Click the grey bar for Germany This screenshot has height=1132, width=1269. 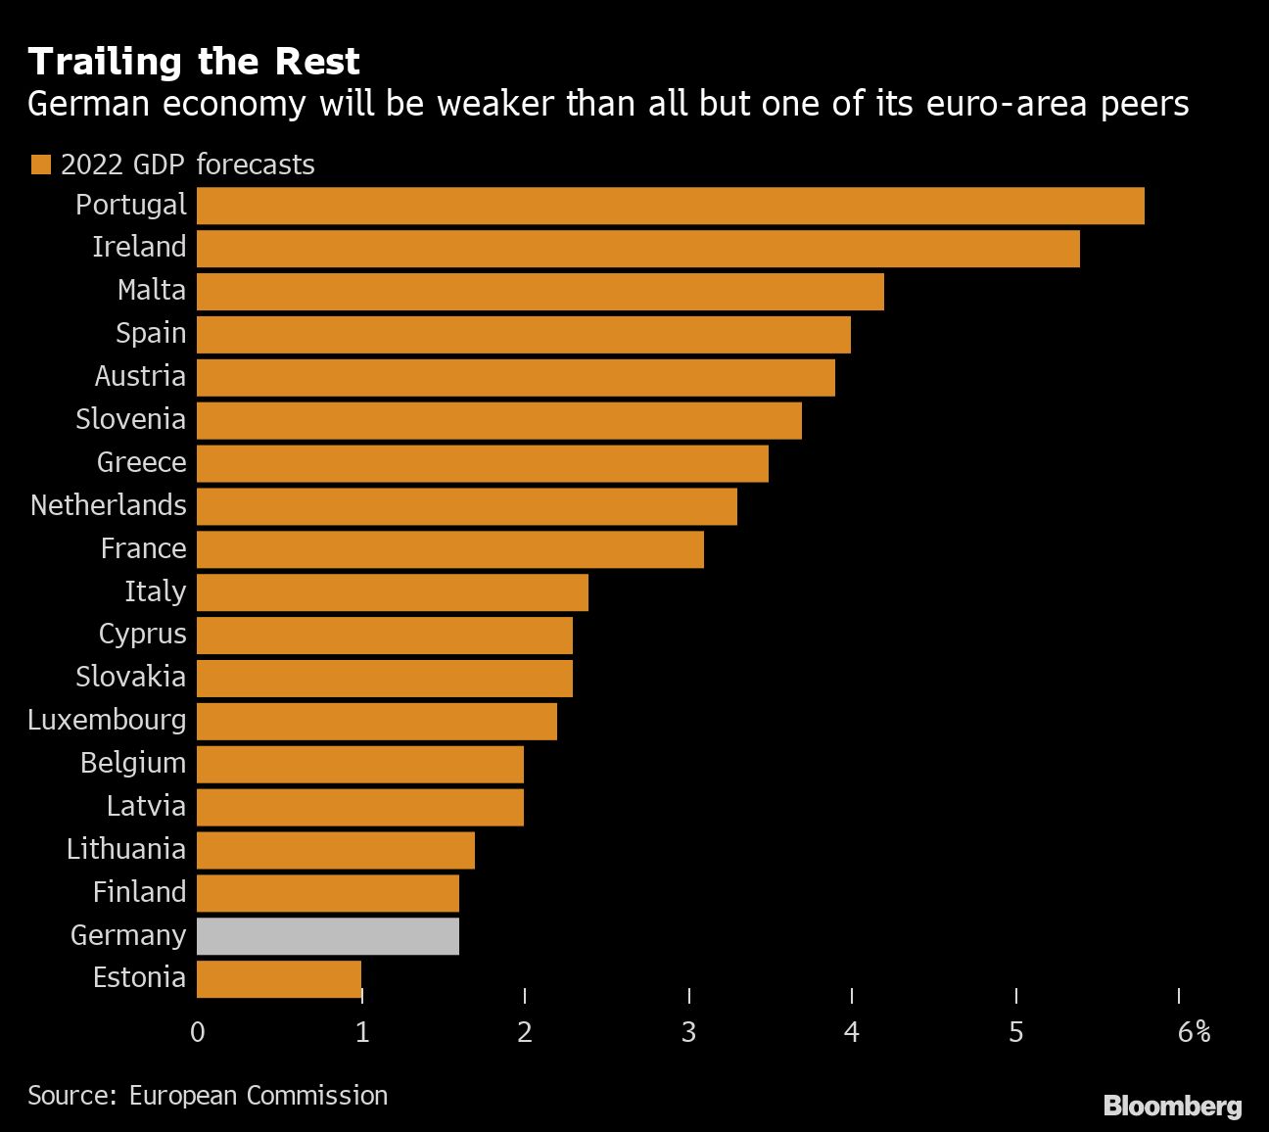pos(327,936)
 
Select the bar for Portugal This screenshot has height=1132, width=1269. pos(670,206)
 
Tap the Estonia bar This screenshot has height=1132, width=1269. pos(278,979)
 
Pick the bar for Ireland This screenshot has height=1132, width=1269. pos(637,249)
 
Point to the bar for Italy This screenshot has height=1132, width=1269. pos(392,592)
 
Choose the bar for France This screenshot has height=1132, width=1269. pos(449,549)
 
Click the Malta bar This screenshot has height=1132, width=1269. pos(540,292)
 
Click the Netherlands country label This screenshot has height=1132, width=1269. pos(109,505)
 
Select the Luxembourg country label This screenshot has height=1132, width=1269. pos(107,720)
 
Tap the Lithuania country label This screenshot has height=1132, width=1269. pos(126,849)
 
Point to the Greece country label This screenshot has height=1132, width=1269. pos(141,462)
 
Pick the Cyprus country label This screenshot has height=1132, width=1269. pos(142,635)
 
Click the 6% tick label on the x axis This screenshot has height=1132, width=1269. pos(1194,1032)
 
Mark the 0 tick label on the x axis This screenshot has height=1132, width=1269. pos(198,1032)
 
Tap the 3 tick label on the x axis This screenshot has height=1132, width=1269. pos(689,1032)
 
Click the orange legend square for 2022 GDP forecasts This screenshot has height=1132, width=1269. pos(40,165)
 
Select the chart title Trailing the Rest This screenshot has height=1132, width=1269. pos(194,62)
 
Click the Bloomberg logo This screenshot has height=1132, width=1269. pos(1172,1106)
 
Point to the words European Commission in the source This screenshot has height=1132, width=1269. pos(258,1095)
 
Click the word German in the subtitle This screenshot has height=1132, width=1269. pos(89,104)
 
